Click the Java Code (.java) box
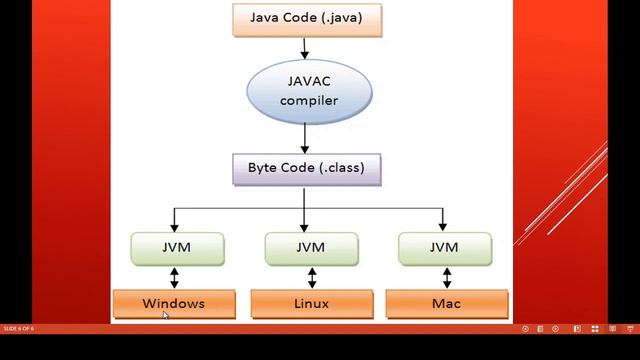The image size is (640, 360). coord(307,18)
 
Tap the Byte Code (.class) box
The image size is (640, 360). coord(307,168)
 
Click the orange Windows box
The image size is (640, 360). coord(174,303)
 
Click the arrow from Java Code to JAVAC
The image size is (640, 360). coord(307,46)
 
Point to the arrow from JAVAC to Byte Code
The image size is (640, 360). coord(307,135)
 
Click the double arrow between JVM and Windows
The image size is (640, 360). coord(174,277)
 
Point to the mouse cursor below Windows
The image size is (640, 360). coord(166,315)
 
